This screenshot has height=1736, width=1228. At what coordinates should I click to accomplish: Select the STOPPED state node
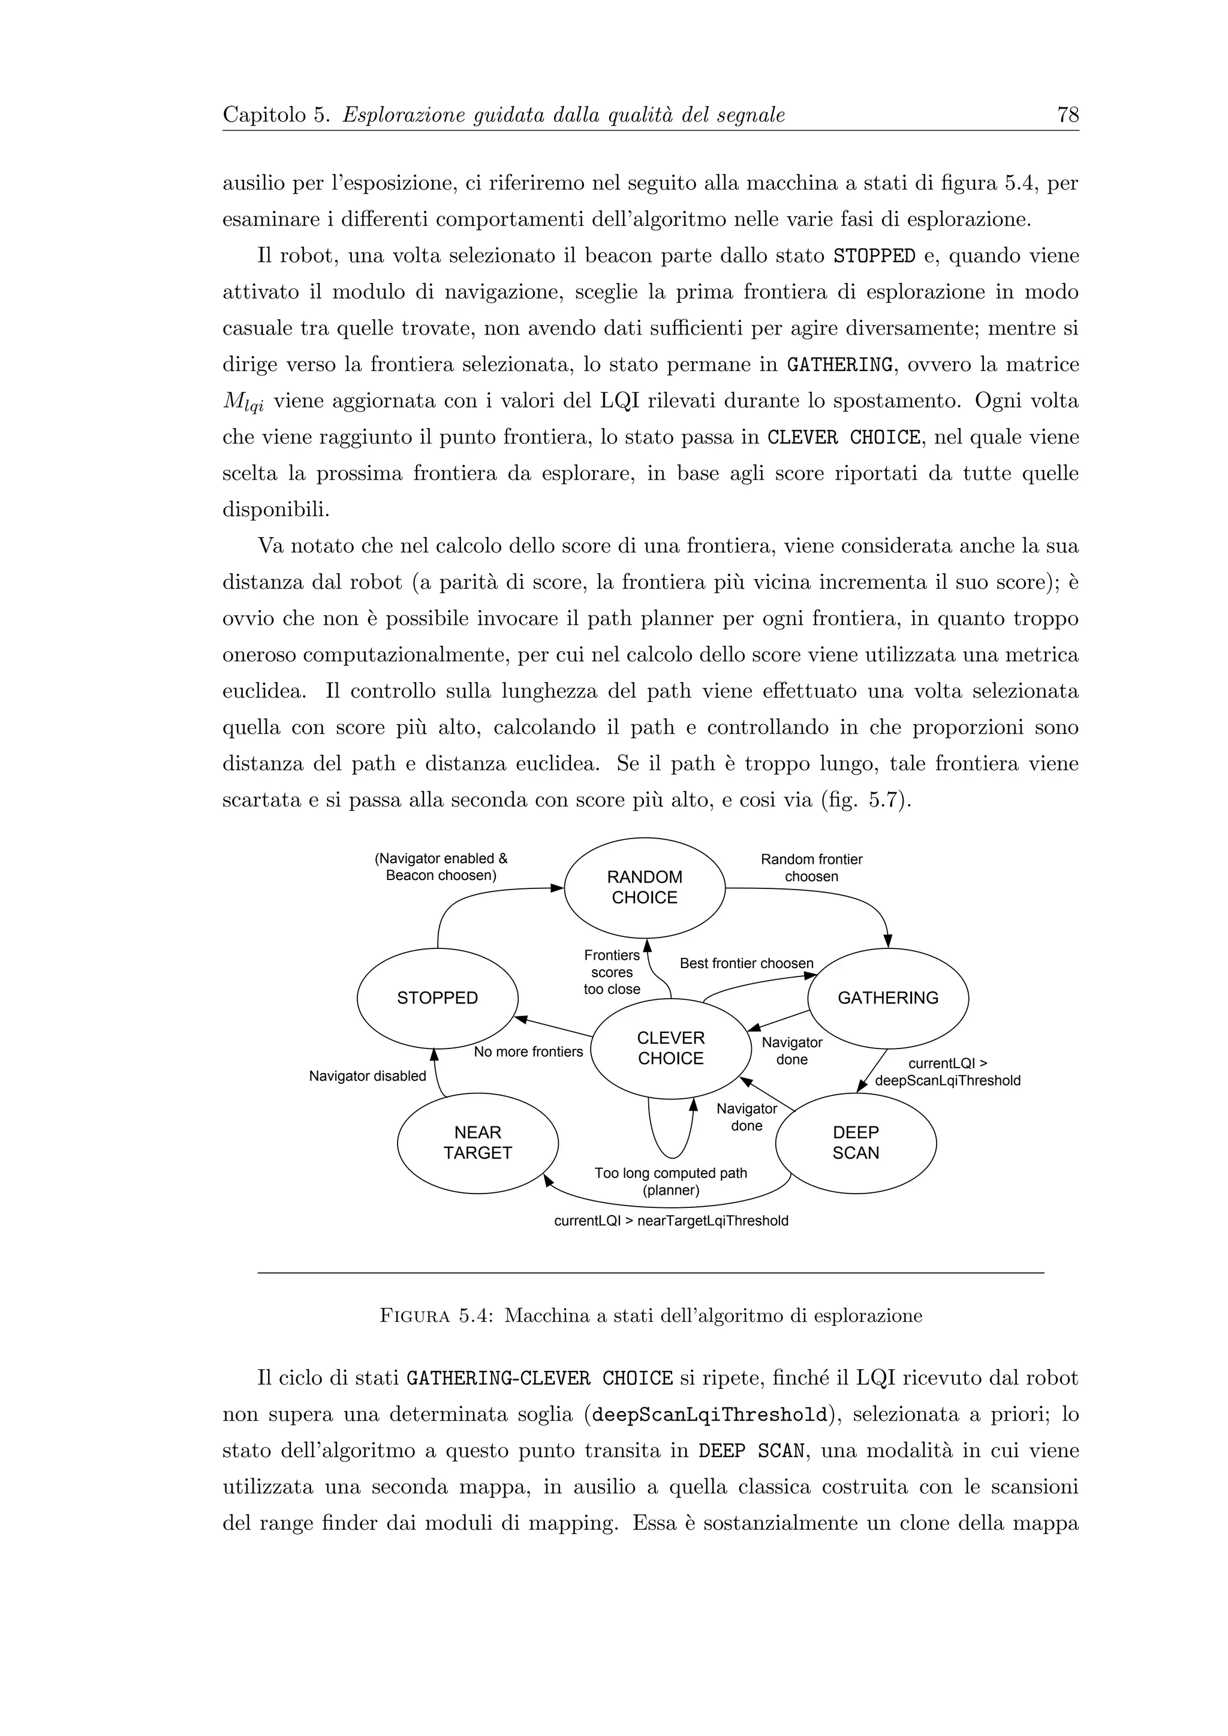click(437, 998)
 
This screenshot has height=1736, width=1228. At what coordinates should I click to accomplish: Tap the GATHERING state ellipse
click(888, 998)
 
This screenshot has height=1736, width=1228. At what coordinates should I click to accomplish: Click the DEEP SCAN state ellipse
click(856, 1143)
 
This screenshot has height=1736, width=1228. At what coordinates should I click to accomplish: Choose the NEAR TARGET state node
click(477, 1143)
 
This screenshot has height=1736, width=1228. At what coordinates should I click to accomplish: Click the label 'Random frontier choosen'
click(811, 868)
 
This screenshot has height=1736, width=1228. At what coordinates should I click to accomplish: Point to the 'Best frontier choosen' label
click(747, 963)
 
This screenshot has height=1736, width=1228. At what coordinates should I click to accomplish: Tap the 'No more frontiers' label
click(528, 1052)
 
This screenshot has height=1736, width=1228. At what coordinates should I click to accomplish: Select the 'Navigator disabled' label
click(368, 1076)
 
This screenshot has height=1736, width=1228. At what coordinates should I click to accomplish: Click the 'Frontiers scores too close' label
click(612, 972)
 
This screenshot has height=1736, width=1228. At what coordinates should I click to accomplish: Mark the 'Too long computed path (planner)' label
click(671, 1182)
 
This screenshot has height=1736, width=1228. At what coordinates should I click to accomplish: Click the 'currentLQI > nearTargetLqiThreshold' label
click(671, 1221)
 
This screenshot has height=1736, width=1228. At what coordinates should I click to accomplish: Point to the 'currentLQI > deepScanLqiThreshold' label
click(947, 1072)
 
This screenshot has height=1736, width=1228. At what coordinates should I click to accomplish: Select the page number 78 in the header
click(1068, 115)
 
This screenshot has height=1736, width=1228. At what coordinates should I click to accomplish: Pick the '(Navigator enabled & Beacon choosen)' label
click(441, 867)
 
